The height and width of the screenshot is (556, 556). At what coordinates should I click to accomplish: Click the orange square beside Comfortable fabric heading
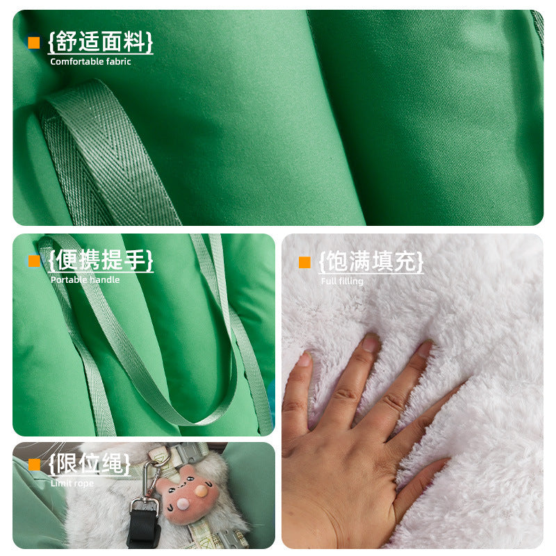33,42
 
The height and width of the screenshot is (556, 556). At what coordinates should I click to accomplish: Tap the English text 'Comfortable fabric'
90,62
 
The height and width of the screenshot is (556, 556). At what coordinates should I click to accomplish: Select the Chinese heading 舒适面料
101,42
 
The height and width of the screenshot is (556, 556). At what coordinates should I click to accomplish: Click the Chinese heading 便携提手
101,260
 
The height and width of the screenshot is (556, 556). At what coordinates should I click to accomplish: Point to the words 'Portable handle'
85,280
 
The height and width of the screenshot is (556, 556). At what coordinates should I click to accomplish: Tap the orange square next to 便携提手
34,261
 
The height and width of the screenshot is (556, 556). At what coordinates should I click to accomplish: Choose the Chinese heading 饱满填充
371,262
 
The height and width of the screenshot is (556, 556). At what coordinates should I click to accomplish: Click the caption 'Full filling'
342,281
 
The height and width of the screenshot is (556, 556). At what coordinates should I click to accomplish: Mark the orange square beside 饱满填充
304,263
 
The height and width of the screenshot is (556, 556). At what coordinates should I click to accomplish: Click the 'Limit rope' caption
72,483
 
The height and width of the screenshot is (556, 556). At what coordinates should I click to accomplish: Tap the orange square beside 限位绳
34,464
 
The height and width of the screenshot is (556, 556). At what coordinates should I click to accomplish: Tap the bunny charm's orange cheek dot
201,491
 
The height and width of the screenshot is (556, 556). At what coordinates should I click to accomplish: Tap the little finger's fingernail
304,359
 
